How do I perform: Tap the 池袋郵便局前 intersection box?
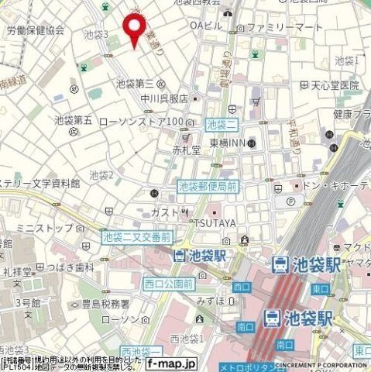207,186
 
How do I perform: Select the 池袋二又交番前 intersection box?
136,236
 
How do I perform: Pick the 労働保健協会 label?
35,30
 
